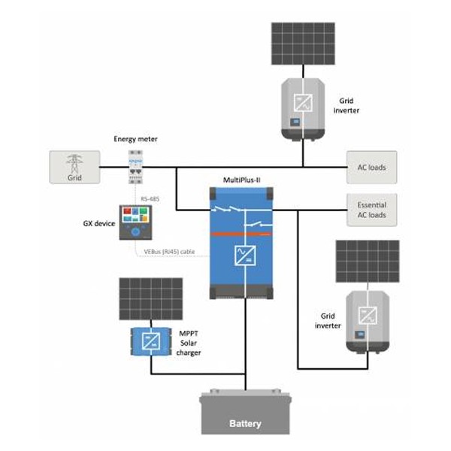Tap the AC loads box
point(371,167)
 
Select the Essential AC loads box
point(371,210)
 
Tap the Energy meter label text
point(136,139)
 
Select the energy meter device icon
point(136,167)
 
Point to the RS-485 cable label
point(150,197)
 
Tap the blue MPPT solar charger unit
point(151,342)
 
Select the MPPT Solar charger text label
point(189,342)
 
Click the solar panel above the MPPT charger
point(151,299)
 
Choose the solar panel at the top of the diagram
point(303,44)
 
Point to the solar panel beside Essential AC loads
point(368,261)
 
